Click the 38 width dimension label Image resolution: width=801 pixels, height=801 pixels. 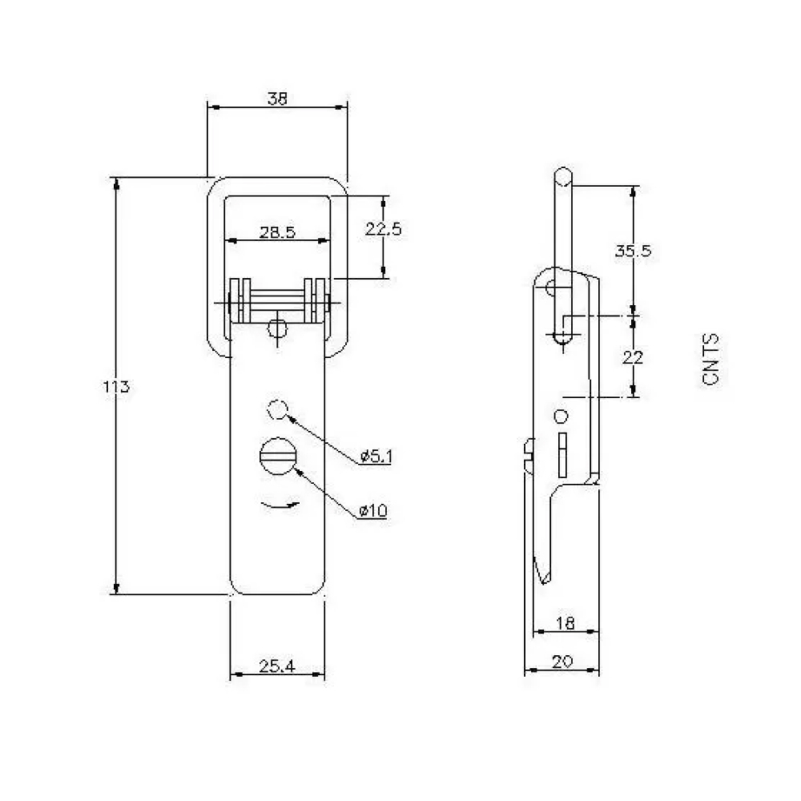click(277, 98)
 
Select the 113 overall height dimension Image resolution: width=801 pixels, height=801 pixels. click(116, 387)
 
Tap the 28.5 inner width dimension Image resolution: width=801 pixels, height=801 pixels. click(277, 232)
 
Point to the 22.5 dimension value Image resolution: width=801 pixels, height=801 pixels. click(383, 229)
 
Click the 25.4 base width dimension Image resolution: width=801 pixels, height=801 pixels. click(277, 666)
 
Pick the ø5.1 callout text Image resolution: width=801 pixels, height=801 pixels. click(376, 456)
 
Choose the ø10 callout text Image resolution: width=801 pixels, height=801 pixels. click(373, 510)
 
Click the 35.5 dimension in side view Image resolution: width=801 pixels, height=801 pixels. click(633, 251)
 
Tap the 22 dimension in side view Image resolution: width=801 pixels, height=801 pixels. click(633, 357)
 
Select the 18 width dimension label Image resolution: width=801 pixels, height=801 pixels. click(565, 622)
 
